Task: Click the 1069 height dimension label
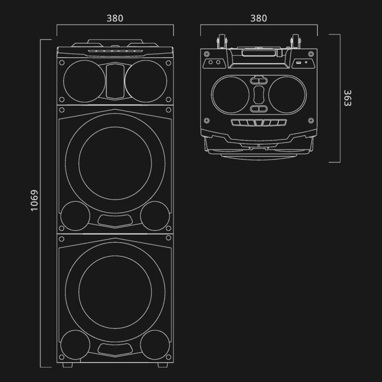click(x=34, y=201)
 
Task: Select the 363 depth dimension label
click(x=348, y=98)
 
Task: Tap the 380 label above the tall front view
click(x=115, y=18)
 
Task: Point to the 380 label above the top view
click(x=259, y=18)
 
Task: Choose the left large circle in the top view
click(x=230, y=94)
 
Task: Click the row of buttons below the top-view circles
click(x=259, y=123)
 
